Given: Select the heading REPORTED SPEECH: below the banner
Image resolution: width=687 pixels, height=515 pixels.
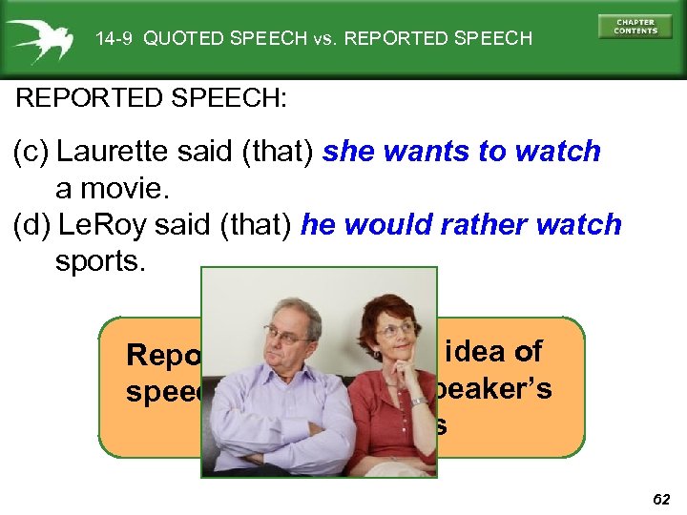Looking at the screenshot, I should [x=152, y=98].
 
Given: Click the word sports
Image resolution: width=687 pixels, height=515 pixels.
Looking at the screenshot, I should [x=99, y=261].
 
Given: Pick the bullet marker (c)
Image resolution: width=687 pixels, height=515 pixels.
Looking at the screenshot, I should [x=31, y=152].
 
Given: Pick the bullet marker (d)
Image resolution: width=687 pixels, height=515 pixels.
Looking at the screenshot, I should [x=31, y=225].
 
